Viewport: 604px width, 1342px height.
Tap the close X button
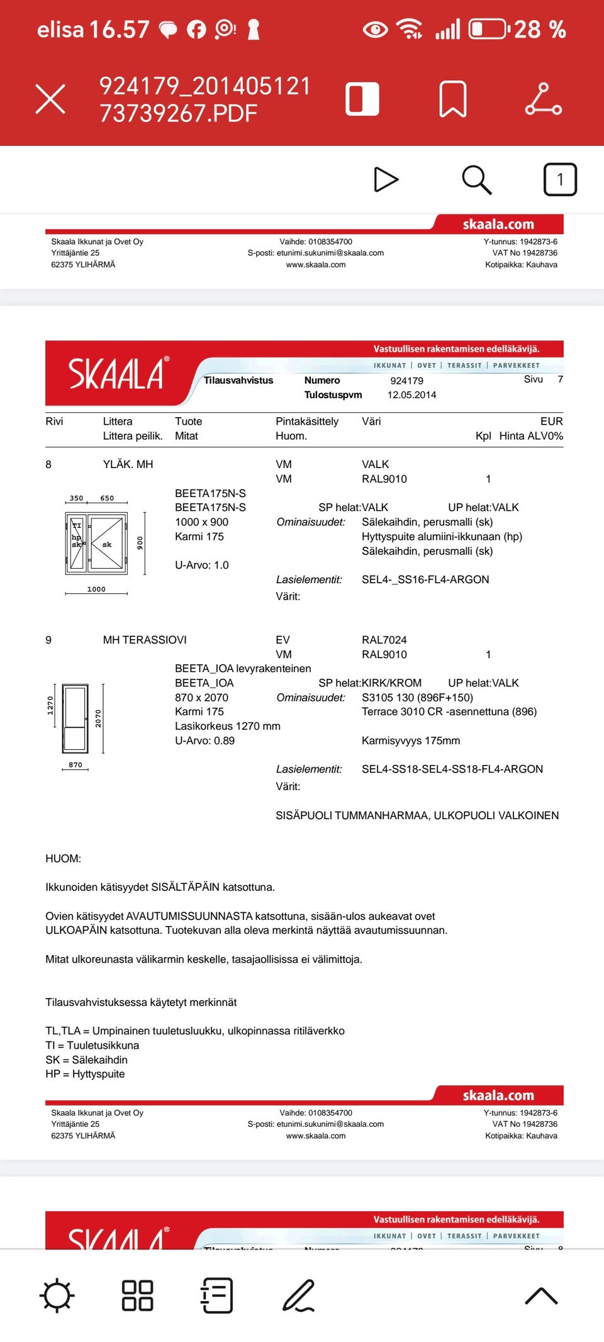coord(50,99)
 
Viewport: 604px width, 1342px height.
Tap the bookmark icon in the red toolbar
coord(452,99)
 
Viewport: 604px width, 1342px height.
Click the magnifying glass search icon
coord(476,180)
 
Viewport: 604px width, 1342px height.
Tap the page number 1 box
coord(559,180)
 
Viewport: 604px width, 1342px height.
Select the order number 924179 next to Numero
coord(406,381)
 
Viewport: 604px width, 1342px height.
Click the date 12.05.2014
coord(411,395)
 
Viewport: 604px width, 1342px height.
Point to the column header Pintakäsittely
coord(307,422)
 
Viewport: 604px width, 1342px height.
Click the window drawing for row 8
coord(96,543)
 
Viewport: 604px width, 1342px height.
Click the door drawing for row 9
coord(75,719)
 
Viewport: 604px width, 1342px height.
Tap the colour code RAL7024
coord(384,640)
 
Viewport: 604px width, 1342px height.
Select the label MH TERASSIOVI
coord(145,640)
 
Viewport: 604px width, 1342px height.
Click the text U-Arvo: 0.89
coord(204,741)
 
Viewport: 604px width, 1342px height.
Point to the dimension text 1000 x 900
coord(201,522)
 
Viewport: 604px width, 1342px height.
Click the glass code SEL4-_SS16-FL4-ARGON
coord(425,579)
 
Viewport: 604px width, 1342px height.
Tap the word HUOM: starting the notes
coord(63,859)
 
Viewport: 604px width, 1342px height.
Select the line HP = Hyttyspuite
coord(85,1074)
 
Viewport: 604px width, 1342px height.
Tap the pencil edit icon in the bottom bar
coord(298,1296)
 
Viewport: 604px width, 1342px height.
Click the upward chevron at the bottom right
coord(541,1296)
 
